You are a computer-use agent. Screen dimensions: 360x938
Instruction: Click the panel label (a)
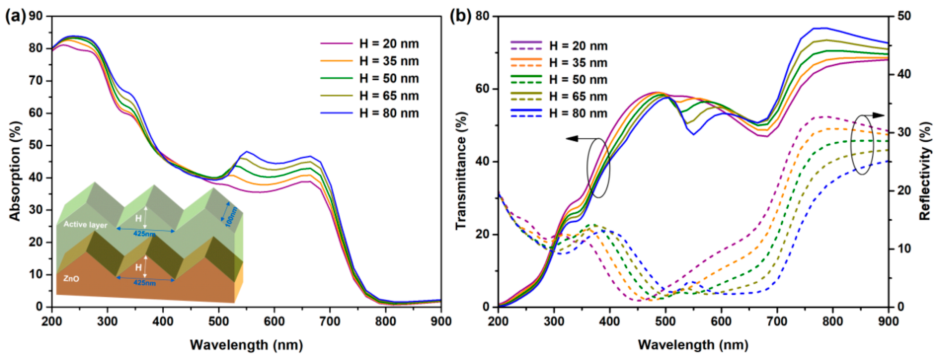pyautogui.click(x=15, y=17)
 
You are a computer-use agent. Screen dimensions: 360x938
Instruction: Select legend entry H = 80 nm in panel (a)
pyautogui.click(x=389, y=113)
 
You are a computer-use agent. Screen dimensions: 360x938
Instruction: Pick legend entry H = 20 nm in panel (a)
pyautogui.click(x=389, y=44)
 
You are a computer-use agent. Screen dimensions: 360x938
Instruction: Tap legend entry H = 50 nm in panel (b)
pyautogui.click(x=578, y=80)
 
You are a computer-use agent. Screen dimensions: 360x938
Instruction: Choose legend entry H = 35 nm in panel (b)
pyautogui.click(x=578, y=63)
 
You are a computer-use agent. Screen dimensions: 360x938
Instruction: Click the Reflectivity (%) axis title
pyautogui.click(x=925, y=171)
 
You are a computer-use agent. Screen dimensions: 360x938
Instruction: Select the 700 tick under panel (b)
pyautogui.click(x=777, y=322)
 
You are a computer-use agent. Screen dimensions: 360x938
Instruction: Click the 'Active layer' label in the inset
pyautogui.click(x=85, y=225)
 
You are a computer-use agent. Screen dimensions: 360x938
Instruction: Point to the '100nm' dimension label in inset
pyautogui.click(x=232, y=217)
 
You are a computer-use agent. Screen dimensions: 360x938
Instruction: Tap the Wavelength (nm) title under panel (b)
pyautogui.click(x=693, y=344)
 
